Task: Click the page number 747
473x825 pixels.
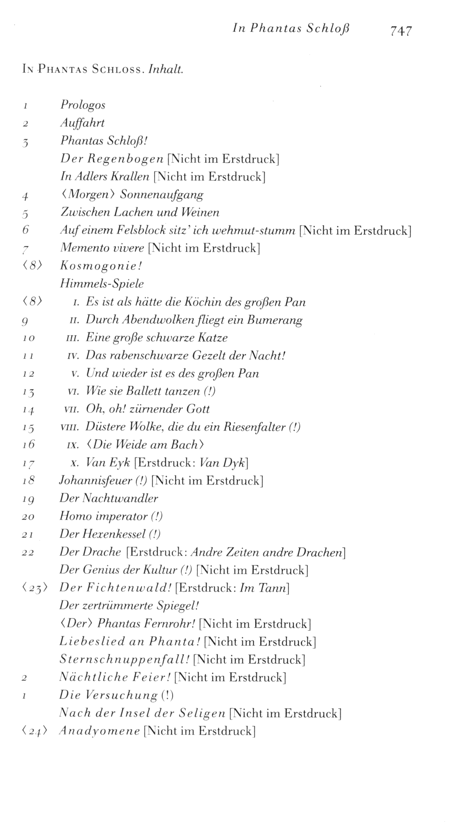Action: pos(401,31)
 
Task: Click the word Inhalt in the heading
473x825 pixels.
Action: pos(165,69)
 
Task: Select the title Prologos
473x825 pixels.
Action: pos(83,105)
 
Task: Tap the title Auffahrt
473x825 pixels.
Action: pos(82,123)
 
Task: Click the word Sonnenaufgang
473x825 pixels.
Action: pos(162,195)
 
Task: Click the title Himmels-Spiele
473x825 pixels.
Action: pos(102,284)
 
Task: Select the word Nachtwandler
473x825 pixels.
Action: pos(121,498)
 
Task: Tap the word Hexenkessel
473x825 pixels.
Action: pos(114,534)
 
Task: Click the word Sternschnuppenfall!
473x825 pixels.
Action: pos(124,660)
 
